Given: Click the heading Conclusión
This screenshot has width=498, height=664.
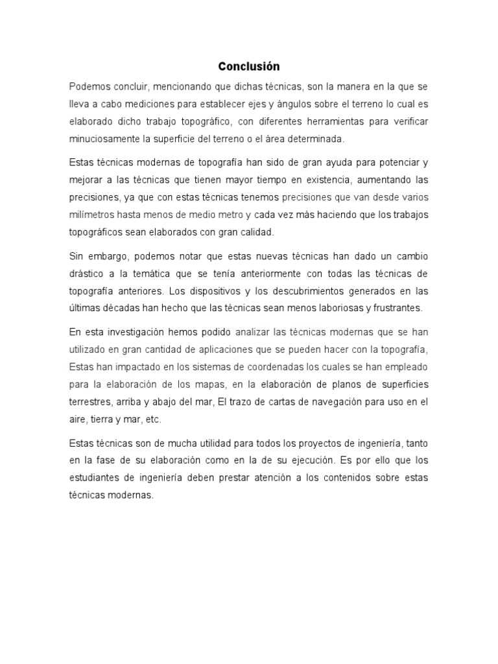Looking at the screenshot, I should pyautogui.click(x=248, y=66).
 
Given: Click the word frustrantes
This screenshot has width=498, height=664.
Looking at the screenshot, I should pyautogui.click(x=397, y=308).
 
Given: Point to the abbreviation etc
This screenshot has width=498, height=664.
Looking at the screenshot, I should pyautogui.click(x=153, y=419).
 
